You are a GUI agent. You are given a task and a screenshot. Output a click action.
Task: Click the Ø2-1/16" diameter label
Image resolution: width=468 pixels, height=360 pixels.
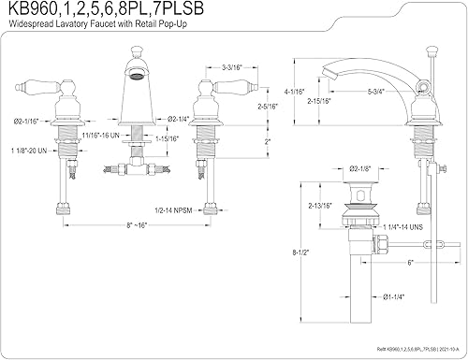[29, 121]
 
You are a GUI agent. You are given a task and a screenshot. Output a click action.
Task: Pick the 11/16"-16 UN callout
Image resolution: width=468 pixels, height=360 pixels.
[98, 137]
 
